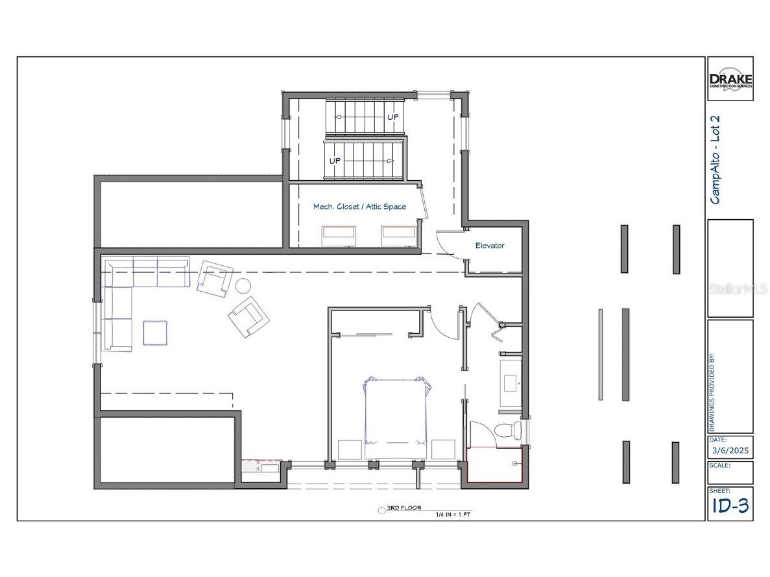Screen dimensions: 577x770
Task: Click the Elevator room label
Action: click(490, 246)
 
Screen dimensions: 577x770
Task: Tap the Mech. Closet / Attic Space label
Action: click(359, 206)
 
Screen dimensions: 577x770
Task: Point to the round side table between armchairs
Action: click(243, 286)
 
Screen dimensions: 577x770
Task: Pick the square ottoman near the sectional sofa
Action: click(155, 333)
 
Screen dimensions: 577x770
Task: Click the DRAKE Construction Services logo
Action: click(730, 78)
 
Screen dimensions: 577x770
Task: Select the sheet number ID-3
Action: click(730, 506)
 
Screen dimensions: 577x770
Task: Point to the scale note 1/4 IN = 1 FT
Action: click(453, 514)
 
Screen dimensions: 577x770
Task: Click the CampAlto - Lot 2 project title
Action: click(716, 160)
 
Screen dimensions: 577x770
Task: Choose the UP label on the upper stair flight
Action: click(393, 117)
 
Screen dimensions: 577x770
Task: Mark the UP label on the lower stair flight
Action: click(335, 159)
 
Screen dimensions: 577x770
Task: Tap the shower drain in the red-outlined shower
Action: click(514, 464)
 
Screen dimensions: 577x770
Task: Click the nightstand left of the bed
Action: click(350, 449)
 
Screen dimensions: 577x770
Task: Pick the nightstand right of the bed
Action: click(443, 449)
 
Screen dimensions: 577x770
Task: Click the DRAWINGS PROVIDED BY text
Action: click(712, 392)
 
